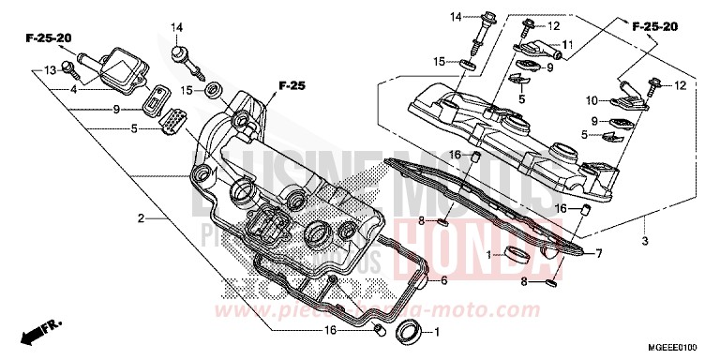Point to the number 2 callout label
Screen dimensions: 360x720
141,218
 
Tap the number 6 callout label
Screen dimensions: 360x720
444,278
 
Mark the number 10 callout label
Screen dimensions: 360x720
592,99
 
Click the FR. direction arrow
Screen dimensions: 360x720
43,329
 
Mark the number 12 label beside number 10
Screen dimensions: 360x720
681,85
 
